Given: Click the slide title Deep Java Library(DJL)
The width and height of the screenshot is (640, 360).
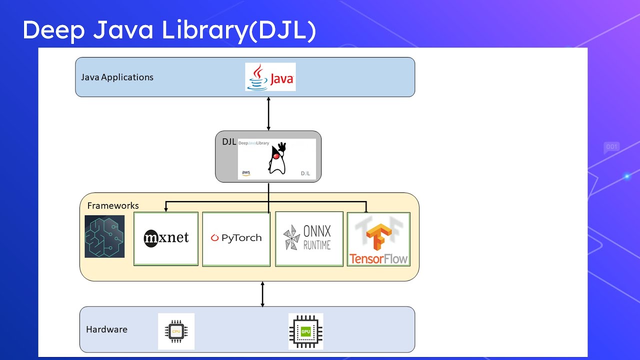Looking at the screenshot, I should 169,30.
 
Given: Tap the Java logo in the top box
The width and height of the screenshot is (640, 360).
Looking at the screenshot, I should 270,77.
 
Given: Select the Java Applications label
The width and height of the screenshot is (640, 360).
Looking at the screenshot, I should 117,77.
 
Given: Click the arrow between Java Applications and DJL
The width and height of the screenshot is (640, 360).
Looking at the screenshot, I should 268,113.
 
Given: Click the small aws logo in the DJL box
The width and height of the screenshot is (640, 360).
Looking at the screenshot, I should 246,173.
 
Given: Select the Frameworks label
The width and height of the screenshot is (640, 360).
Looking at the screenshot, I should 113,205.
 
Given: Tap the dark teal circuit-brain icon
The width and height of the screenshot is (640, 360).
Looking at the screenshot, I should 104,236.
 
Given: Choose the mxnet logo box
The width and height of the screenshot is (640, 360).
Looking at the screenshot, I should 166,238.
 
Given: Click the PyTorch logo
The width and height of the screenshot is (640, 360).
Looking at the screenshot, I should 236,238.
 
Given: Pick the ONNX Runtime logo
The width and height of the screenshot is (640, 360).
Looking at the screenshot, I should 309,238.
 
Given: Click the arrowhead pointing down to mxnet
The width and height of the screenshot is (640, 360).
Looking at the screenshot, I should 166,209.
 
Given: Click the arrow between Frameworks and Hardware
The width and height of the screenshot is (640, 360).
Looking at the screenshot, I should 262,294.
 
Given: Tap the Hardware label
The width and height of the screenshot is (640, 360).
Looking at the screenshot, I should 106,329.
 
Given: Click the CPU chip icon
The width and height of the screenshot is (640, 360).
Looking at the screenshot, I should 176,331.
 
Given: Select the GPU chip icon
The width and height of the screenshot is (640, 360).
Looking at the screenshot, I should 305,331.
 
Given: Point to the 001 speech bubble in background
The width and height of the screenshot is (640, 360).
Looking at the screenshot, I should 611,147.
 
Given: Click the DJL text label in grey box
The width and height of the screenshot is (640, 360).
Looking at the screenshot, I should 229,141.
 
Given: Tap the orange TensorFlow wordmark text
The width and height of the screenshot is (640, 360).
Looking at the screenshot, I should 378,259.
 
